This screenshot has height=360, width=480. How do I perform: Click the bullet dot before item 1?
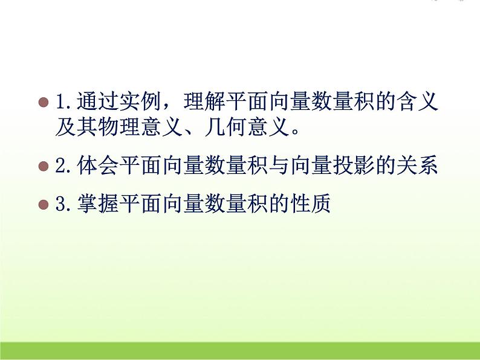(43, 101)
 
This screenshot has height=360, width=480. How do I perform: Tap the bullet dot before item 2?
(43, 166)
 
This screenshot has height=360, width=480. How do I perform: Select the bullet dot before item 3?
(43, 205)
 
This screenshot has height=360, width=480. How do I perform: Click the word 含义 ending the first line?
(416, 101)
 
